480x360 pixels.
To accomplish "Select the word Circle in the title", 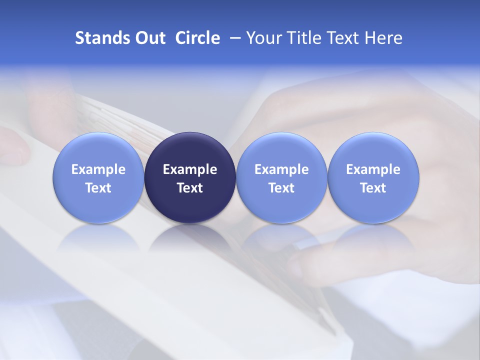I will click(x=197, y=38).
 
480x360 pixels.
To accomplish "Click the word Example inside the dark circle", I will click(x=190, y=169).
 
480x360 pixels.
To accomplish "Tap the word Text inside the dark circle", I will click(x=190, y=188).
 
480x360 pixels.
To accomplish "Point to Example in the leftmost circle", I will click(x=98, y=169).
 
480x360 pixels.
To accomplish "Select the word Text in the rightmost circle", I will click(x=373, y=188).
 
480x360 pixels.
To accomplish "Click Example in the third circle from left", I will click(x=281, y=169).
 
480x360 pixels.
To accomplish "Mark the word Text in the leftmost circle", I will click(x=98, y=188).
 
